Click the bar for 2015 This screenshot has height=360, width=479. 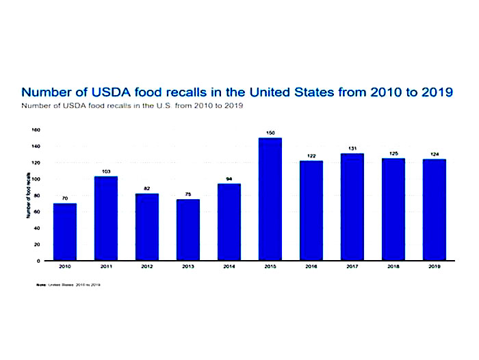(270, 199)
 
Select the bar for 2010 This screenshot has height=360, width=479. (65, 232)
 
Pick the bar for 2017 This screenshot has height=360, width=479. (352, 207)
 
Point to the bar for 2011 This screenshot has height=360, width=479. (106, 218)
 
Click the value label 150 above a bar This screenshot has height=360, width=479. (270, 132)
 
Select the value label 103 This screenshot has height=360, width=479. (107, 170)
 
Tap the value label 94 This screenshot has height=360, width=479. (229, 178)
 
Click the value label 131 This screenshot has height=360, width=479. (352, 148)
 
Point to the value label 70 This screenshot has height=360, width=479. (65, 198)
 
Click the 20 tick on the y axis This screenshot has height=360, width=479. (36, 244)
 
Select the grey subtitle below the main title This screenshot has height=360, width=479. (133, 106)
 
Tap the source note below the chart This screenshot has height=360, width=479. (68, 283)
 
